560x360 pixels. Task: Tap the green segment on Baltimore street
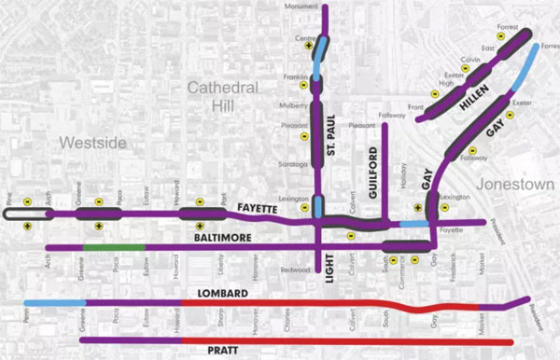click(114, 247)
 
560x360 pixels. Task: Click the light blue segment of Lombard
click(54, 304)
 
